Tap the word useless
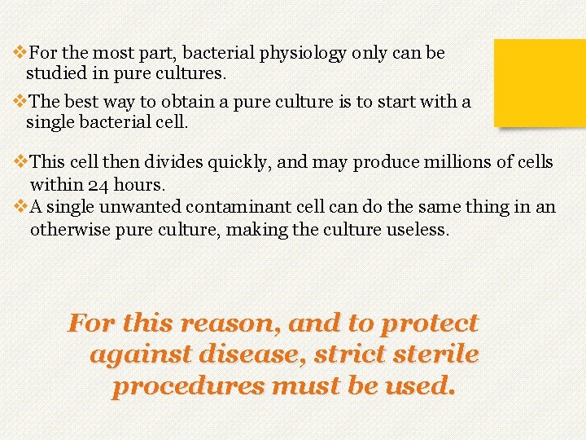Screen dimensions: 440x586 (x=414, y=230)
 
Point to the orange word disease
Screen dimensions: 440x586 (x=227, y=355)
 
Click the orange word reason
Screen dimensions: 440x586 (x=232, y=323)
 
